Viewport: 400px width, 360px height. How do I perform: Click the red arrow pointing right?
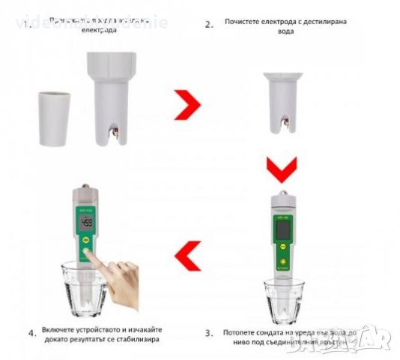tap(188, 107)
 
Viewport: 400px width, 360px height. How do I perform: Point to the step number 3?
tap(209, 332)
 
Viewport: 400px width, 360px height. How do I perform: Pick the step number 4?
tap(31, 331)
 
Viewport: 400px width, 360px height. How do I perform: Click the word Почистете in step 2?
tap(240, 21)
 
